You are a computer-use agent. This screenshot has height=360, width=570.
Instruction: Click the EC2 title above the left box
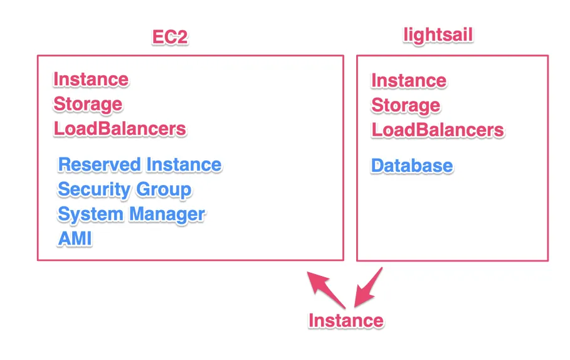(x=170, y=37)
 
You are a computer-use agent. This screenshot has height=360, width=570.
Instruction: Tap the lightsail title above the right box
(x=438, y=35)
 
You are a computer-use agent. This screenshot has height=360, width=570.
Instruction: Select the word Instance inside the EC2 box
(x=91, y=80)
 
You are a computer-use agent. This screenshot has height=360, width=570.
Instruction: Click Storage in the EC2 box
(x=88, y=104)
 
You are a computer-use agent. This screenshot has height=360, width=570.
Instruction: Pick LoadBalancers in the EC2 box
(x=120, y=129)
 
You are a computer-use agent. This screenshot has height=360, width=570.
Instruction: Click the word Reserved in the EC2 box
(x=99, y=165)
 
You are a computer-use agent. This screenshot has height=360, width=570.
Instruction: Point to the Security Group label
(x=125, y=189)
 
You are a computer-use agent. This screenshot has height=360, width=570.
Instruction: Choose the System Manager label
(x=132, y=214)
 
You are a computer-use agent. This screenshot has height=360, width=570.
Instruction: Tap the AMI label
(x=75, y=238)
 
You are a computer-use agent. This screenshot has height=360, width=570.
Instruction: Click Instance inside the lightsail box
(x=409, y=81)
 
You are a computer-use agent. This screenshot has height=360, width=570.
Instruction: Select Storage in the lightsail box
(x=406, y=105)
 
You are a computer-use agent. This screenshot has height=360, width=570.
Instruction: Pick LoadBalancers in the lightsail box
(x=438, y=130)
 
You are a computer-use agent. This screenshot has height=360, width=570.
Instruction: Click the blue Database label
(x=412, y=166)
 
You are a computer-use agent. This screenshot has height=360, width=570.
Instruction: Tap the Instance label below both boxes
(x=346, y=320)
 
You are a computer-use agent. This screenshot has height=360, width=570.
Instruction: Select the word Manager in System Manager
(x=167, y=214)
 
